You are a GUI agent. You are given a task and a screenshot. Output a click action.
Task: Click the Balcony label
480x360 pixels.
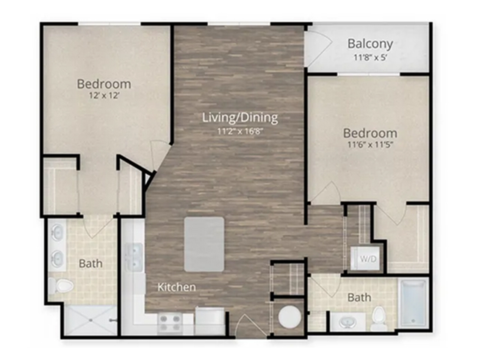pyautogui.click(x=370, y=43)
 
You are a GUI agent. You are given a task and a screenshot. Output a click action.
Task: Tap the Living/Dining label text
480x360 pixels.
pyautogui.click(x=240, y=118)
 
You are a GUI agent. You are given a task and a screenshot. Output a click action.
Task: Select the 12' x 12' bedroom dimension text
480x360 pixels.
pyautogui.click(x=103, y=96)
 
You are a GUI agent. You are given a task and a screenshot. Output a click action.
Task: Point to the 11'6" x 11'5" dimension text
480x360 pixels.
pyautogui.click(x=370, y=145)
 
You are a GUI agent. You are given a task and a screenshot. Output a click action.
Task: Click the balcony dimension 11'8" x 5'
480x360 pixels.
pyautogui.click(x=370, y=57)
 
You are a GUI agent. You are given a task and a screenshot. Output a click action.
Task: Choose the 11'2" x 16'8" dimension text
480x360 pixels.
pyautogui.click(x=240, y=132)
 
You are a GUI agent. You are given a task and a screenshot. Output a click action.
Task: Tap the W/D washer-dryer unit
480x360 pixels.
pyautogui.click(x=365, y=258)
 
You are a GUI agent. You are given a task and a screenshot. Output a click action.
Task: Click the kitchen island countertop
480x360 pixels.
pyautogui.click(x=204, y=244)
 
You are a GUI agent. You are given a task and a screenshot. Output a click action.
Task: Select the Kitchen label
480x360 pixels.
pyautogui.click(x=177, y=287)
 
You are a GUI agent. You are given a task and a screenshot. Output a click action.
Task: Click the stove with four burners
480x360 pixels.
pyautogui.click(x=170, y=324)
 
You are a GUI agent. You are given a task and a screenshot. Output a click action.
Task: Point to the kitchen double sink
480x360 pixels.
pyautogui.click(x=134, y=257)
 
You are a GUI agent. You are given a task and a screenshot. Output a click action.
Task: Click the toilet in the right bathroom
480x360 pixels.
pyautogui.click(x=379, y=318)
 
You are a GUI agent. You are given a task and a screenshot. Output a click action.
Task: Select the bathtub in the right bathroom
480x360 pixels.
pyautogui.click(x=413, y=303)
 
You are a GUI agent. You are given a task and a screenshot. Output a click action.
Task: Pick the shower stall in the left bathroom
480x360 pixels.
pyautogui.click(x=91, y=320)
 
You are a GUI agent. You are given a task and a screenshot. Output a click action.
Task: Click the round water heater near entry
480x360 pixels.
pyautogui.click(x=289, y=317)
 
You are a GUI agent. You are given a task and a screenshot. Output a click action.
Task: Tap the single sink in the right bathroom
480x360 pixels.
pyautogui.click(x=348, y=322)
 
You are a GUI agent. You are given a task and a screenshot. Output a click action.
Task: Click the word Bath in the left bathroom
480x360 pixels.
pyautogui.click(x=91, y=263)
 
